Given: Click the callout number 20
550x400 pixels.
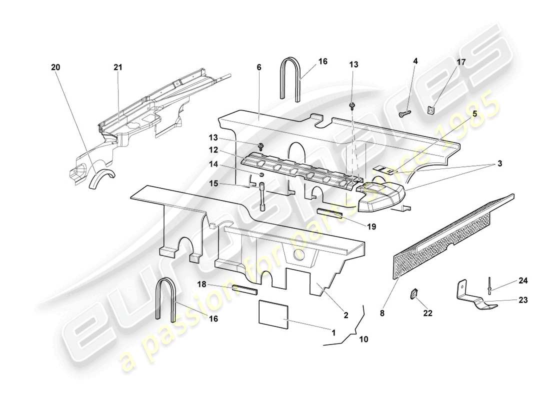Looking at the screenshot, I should click(x=54, y=67).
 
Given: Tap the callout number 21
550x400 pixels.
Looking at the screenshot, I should click(x=117, y=67).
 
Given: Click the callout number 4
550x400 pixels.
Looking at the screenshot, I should click(x=415, y=61).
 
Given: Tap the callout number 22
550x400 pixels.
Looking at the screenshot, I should click(x=427, y=313).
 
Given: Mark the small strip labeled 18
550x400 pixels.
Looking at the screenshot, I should click(x=244, y=288).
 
